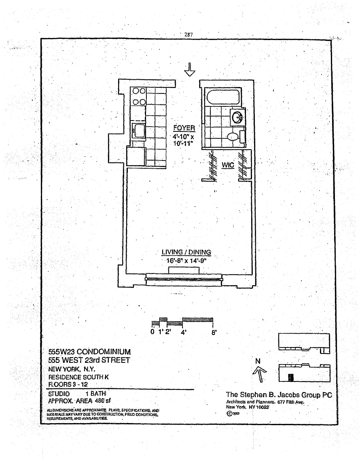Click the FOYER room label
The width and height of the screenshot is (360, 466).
coord(184,128)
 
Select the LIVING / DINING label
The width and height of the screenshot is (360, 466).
coord(186,252)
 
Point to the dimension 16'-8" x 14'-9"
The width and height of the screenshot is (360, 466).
coord(186,261)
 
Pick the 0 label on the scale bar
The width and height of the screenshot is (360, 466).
coord(152,333)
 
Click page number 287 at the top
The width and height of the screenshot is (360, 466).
coord(188,35)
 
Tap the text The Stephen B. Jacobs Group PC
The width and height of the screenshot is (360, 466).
coord(279,395)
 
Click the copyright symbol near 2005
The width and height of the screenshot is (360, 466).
coord(229,414)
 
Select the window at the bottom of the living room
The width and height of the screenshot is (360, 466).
coord(184,278)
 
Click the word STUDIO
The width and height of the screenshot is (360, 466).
coord(59,394)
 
